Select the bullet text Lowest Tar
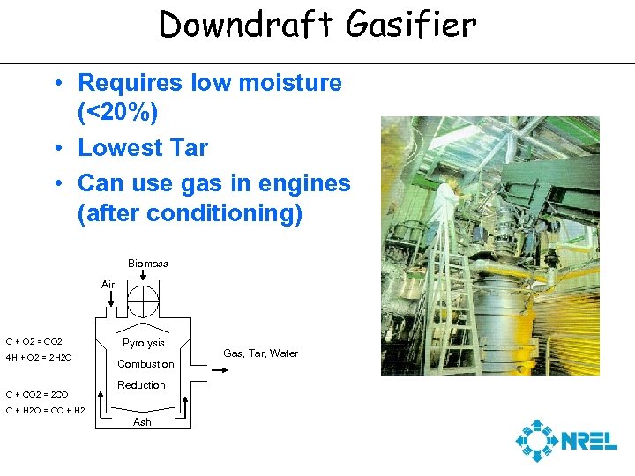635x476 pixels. tap(143, 148)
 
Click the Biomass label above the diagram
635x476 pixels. tap(147, 264)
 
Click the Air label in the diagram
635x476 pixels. tap(108, 285)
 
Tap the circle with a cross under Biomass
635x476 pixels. tap(142, 300)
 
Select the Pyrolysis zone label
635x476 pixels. tap(143, 343)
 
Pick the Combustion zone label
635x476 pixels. tap(146, 364)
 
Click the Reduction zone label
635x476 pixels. tap(141, 385)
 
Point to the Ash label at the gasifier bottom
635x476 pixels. tap(142, 422)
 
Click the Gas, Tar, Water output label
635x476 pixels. tap(260, 353)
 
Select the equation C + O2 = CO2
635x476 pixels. tap(34, 341)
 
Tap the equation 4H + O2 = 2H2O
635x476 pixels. tap(39, 358)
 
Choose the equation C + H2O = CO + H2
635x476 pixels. tap(45, 411)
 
